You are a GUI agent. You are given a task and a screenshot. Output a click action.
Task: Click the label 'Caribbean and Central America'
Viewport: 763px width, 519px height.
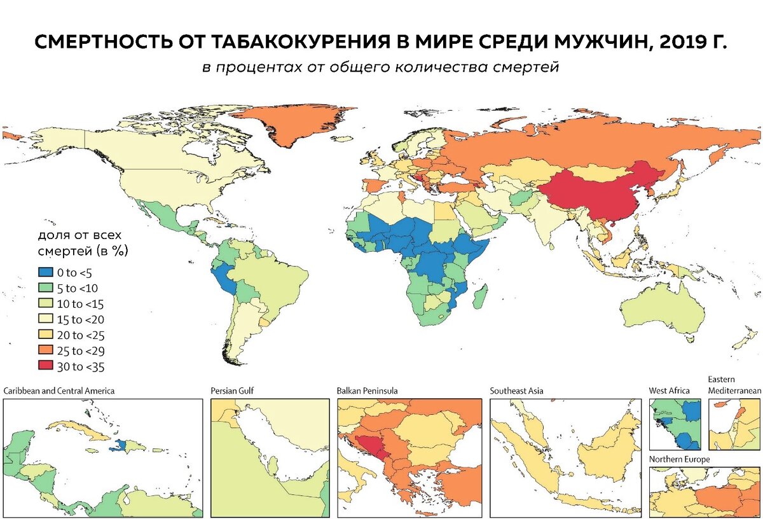tap(59, 391)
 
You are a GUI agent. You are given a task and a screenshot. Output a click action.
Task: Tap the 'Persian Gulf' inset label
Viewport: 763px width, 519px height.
tap(232, 391)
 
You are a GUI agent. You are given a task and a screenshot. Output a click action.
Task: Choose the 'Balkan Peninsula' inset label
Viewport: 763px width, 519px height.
tap(367, 391)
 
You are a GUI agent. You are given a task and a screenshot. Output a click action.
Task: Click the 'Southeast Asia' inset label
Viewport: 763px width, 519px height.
tap(516, 391)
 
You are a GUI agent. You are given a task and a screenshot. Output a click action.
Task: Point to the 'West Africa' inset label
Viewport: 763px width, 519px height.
tap(669, 391)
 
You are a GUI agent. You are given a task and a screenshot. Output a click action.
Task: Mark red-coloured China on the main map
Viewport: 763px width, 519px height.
tap(598, 197)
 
